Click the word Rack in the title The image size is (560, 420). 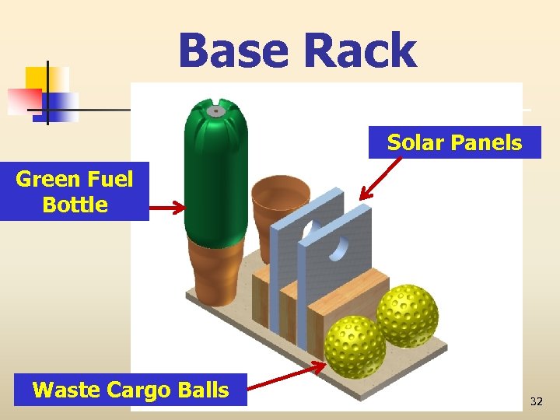point(360,51)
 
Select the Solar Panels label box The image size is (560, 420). point(454,142)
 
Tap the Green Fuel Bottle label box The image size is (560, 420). point(75,192)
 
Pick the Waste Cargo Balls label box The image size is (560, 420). point(131,390)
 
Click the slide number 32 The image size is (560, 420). point(536,401)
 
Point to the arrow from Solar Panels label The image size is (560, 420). point(381,179)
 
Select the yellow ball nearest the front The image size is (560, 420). point(355,346)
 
